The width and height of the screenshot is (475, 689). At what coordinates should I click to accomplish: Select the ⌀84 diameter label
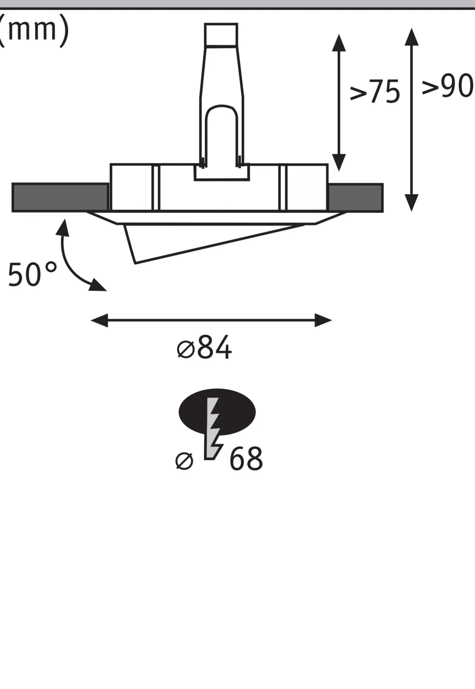(204, 347)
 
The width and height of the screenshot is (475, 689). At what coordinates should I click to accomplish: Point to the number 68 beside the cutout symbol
(246, 459)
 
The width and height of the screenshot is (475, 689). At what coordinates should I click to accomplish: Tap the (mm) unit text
(33, 30)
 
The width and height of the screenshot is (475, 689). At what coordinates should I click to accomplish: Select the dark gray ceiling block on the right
(355, 198)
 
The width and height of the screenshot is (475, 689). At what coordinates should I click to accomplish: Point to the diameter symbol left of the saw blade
(184, 461)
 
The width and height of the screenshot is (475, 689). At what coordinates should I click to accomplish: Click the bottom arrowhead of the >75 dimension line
(339, 163)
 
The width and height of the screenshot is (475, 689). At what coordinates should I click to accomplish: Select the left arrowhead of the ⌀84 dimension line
(99, 320)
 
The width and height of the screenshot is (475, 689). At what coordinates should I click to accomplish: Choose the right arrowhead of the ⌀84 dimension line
(324, 320)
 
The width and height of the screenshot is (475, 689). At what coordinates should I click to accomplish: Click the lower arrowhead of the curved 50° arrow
(98, 285)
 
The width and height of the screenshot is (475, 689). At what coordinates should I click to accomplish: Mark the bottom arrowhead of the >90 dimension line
(412, 203)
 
